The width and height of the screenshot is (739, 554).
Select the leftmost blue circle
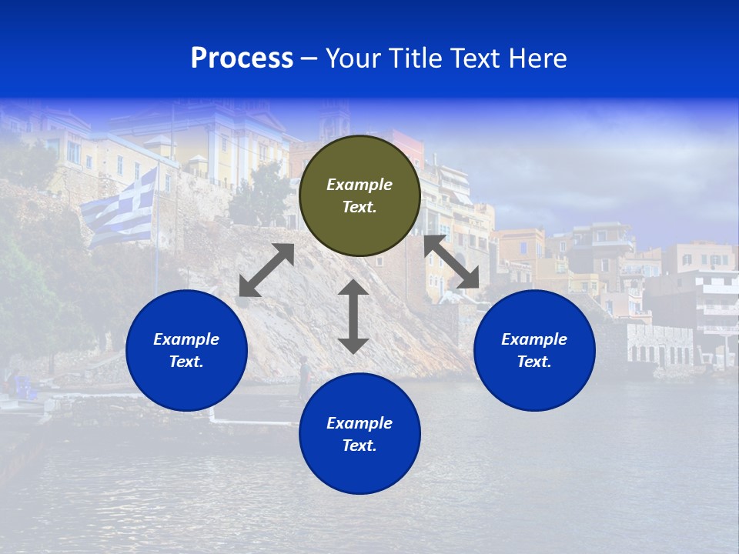(x=186, y=350)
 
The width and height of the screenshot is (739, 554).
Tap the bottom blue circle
(x=359, y=433)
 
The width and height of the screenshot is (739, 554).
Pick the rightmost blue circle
(x=534, y=350)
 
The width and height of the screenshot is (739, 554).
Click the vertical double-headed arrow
(x=353, y=316)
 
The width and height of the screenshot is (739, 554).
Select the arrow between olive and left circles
(x=266, y=270)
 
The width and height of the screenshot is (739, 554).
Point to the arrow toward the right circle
(x=452, y=262)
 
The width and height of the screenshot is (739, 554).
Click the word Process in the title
(x=242, y=58)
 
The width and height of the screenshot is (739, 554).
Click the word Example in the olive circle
(x=359, y=185)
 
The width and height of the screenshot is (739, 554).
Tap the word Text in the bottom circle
(x=359, y=446)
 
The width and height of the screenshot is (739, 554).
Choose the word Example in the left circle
(x=186, y=339)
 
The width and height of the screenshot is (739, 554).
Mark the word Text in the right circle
(x=534, y=362)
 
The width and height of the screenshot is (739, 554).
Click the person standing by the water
(x=304, y=377)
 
